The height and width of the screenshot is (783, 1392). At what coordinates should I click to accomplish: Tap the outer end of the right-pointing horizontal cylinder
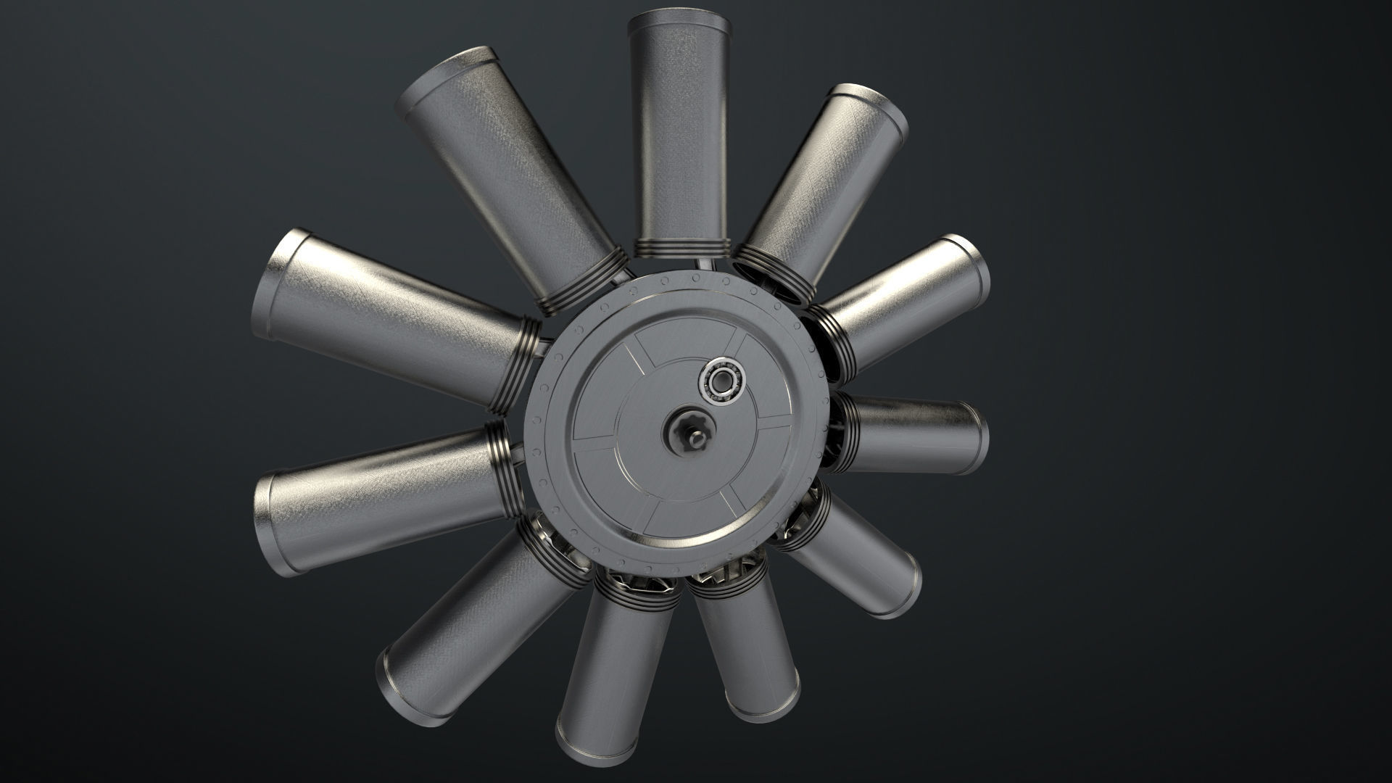(980, 438)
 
